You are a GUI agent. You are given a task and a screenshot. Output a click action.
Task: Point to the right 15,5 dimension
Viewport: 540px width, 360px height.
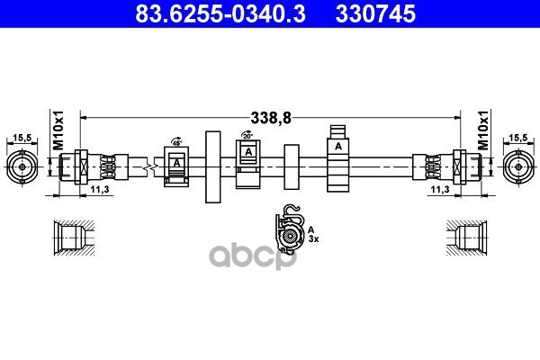[517, 137]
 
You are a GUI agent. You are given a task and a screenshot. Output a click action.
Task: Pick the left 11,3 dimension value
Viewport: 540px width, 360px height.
[101, 191]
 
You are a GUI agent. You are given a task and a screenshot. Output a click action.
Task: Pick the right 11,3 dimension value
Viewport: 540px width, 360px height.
[439, 191]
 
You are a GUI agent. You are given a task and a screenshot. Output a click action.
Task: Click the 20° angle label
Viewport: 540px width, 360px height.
[247, 136]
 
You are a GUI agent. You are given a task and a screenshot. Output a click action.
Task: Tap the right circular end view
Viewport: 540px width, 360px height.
[518, 166]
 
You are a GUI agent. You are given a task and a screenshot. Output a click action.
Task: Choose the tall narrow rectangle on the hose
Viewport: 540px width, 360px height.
[212, 166]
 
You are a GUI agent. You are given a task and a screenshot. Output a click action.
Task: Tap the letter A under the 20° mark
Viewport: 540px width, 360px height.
[247, 152]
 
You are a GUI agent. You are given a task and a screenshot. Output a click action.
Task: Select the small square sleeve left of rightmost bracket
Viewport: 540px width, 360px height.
[291, 166]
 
